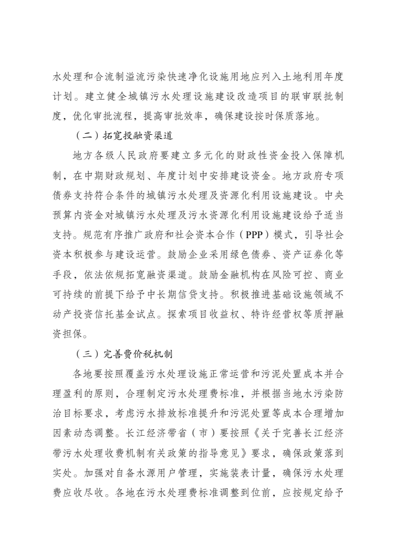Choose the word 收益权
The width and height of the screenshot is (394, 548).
pos(195,315)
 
